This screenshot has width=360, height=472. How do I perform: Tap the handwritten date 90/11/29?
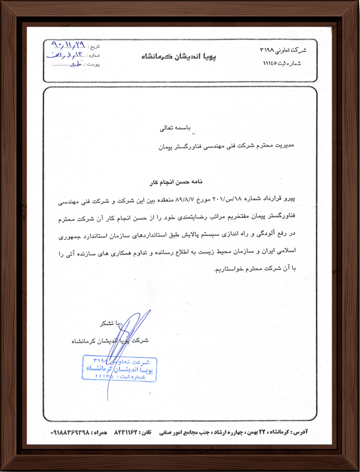(67, 46)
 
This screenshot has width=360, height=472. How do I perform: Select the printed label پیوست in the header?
(95, 64)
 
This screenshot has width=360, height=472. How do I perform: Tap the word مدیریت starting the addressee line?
(295, 147)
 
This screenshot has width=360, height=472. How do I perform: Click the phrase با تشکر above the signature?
(109, 323)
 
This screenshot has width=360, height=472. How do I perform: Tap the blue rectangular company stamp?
(120, 368)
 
